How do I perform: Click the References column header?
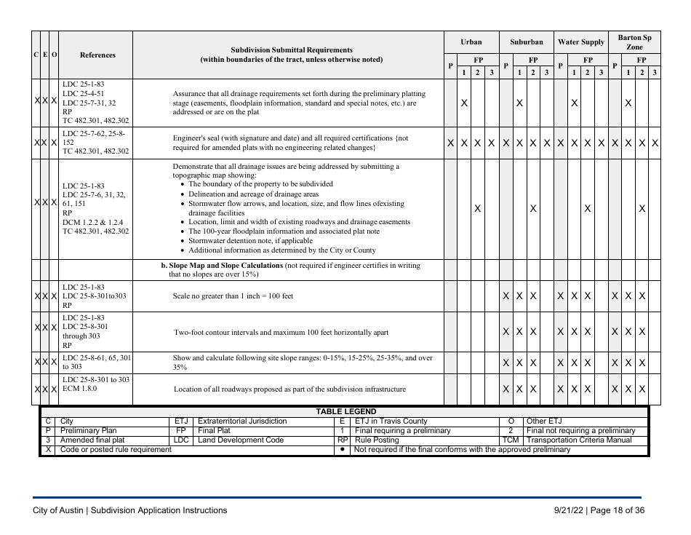tap(97, 55)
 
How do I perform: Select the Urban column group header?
tap(471, 42)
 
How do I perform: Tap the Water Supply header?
tap(580, 42)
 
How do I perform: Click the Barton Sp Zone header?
tap(634, 41)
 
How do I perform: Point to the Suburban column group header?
tap(527, 42)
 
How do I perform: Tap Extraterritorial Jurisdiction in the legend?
tap(242, 421)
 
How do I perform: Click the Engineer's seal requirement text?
tap(290, 143)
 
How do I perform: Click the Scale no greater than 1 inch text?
tap(233, 296)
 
